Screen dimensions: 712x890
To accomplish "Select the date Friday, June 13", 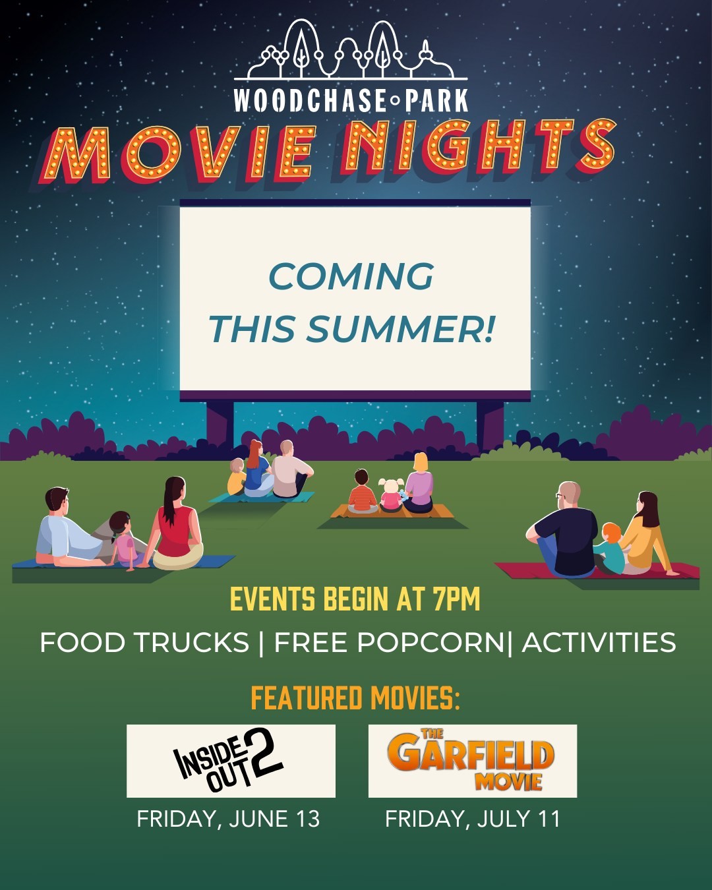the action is point(228,819).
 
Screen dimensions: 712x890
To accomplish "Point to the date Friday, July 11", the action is point(473,819).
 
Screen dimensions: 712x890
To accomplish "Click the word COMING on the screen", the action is point(351,276).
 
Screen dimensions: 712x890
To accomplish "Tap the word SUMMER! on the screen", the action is point(400,329).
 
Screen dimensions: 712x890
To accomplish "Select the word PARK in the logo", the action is point(436,100).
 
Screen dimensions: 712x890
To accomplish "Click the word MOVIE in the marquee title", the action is point(178,153).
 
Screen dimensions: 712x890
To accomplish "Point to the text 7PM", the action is point(457,599).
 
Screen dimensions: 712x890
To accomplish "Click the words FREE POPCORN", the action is point(389,642).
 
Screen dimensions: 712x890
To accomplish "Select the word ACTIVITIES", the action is point(599,642).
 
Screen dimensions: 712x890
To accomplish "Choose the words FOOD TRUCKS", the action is point(144,642).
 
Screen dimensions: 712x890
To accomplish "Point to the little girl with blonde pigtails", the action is point(390,496).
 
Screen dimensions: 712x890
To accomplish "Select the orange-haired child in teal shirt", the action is point(610,549).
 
